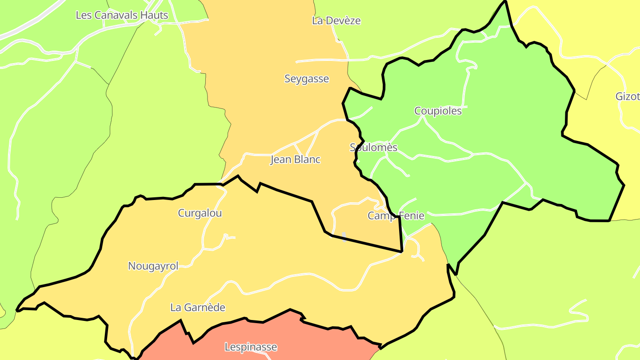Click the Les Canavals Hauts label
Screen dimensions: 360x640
[122, 15]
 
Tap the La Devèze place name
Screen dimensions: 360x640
[336, 20]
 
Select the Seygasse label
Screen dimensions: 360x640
[307, 79]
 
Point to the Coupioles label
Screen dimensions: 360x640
[438, 111]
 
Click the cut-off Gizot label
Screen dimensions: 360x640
[628, 96]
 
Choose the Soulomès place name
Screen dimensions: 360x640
[373, 147]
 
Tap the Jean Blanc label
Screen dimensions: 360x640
[296, 160]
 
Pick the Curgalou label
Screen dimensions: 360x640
[200, 213]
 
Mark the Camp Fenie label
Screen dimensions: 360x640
[396, 216]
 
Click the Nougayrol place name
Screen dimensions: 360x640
[153, 266]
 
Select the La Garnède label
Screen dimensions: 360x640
[198, 308]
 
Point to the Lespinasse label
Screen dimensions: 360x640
[251, 347]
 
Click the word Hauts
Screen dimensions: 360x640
[154, 15]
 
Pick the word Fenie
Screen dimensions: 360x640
[411, 216]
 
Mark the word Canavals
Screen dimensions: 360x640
[117, 15]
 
